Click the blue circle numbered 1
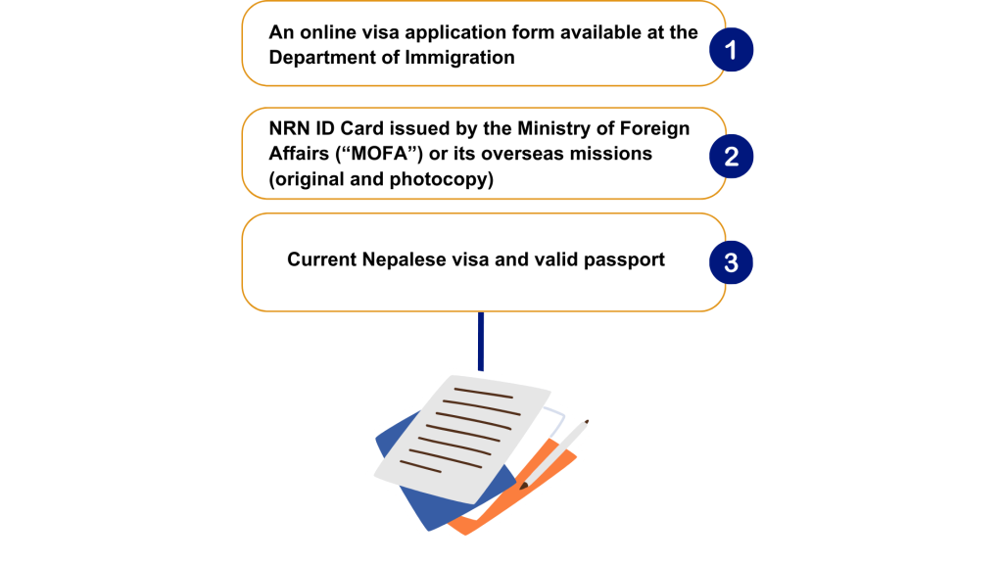click(731, 50)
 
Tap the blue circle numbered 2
click(731, 156)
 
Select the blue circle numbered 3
click(731, 262)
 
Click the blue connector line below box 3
click(481, 341)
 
